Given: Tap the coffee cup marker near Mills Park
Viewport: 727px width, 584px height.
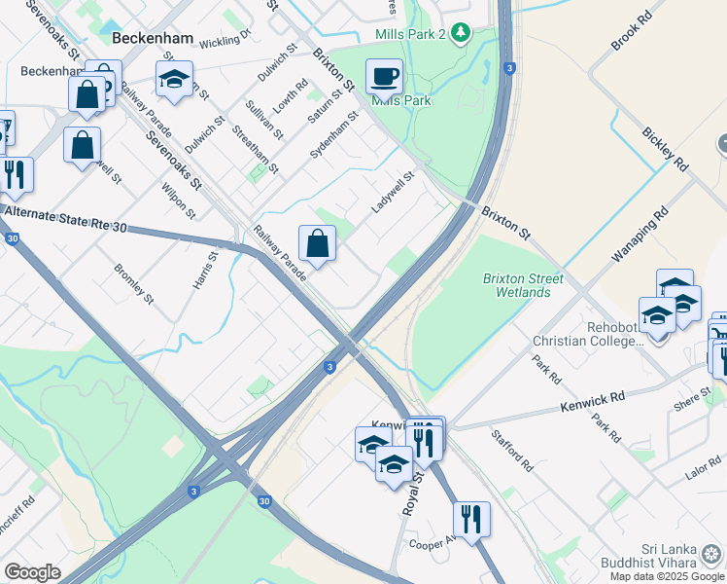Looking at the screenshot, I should coord(384,76).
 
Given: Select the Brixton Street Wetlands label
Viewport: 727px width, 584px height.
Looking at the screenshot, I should coord(523,285).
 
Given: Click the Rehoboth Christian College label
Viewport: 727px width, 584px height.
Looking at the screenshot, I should coord(587,334).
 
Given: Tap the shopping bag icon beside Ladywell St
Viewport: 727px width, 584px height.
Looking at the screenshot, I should coord(318,243).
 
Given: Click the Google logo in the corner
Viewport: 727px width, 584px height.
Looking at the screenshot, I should coord(32,572).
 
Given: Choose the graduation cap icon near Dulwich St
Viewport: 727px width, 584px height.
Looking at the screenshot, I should coord(175,80).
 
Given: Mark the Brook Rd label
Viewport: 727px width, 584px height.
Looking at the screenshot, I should coord(632,31).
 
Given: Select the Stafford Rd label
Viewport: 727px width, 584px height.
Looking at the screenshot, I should coord(511,451).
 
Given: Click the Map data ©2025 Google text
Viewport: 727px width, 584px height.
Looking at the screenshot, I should coord(667,576).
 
